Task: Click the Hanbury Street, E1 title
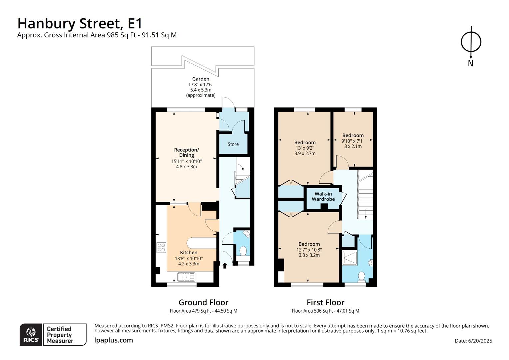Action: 80,24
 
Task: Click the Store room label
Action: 233,144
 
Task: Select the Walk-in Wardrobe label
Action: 323,196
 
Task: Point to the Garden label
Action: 201,79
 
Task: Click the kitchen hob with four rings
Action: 161,247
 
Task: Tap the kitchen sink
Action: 186,277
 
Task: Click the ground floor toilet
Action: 243,251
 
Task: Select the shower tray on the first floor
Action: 350,258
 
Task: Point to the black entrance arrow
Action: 225,266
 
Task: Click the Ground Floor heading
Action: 203,302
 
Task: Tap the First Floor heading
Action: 326,302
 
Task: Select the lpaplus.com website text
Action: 113,340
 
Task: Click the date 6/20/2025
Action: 480,341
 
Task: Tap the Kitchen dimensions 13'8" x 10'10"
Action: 188,259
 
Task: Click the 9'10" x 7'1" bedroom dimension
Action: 353,141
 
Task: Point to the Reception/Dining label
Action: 186,153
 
